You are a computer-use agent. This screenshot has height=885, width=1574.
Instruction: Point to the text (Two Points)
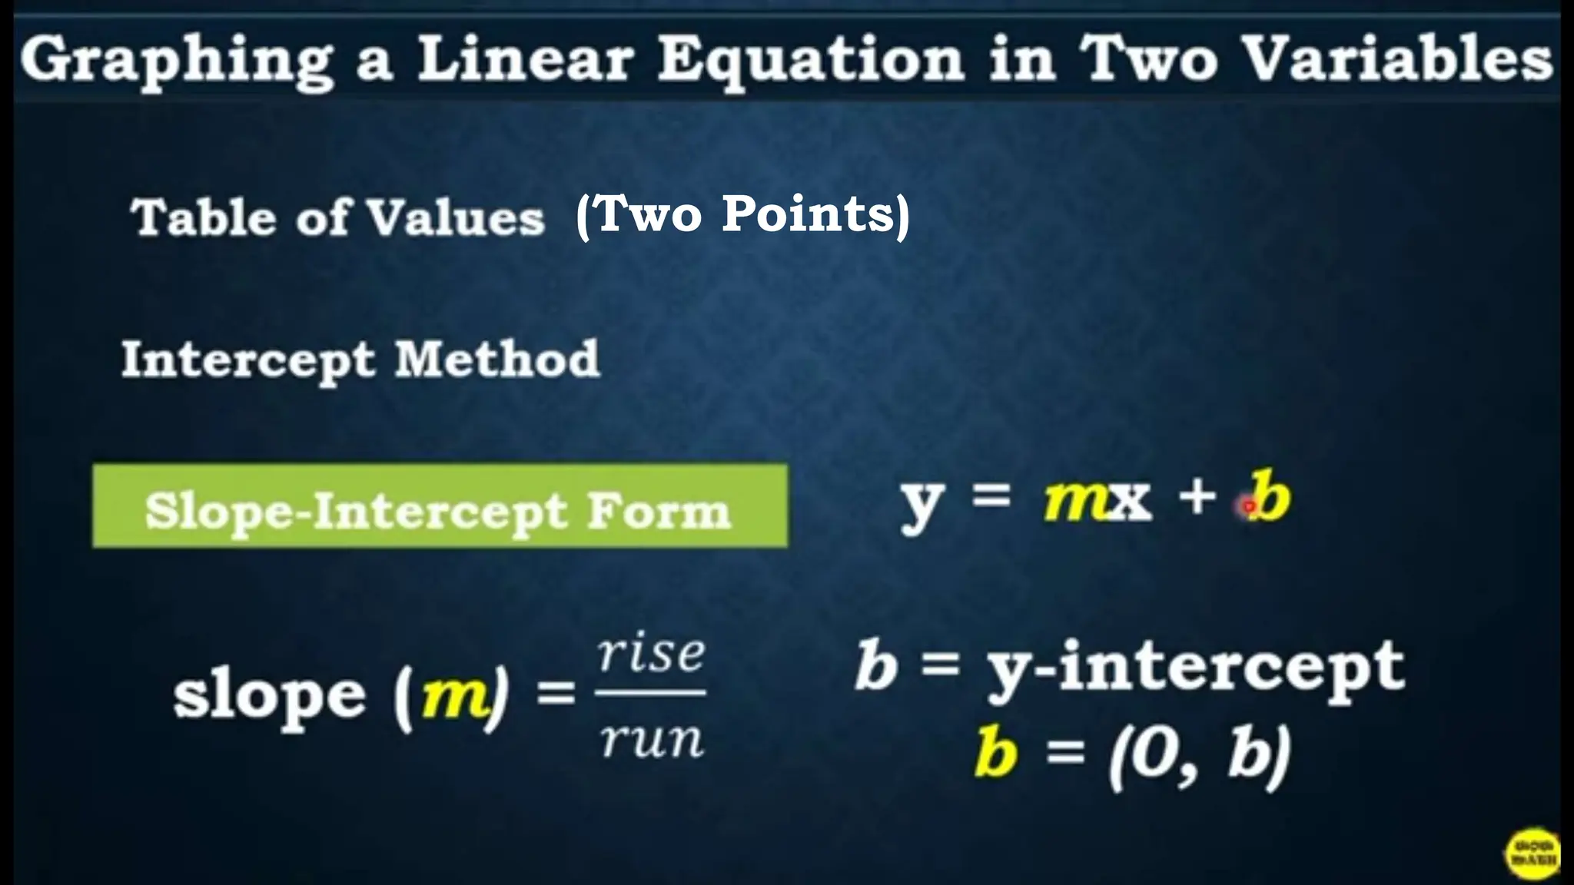(742, 214)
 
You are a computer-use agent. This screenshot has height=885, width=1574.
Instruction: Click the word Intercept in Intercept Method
(248, 360)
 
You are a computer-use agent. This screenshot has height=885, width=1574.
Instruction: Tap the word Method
(497, 359)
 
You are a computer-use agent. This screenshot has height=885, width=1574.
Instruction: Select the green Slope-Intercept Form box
(440, 506)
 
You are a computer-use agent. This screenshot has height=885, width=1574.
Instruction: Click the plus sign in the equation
(1197, 498)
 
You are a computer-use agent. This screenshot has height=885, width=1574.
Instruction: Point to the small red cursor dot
(1249, 506)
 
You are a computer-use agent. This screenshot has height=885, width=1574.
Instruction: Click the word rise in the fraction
(651, 655)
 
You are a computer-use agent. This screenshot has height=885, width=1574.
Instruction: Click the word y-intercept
(1196, 668)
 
